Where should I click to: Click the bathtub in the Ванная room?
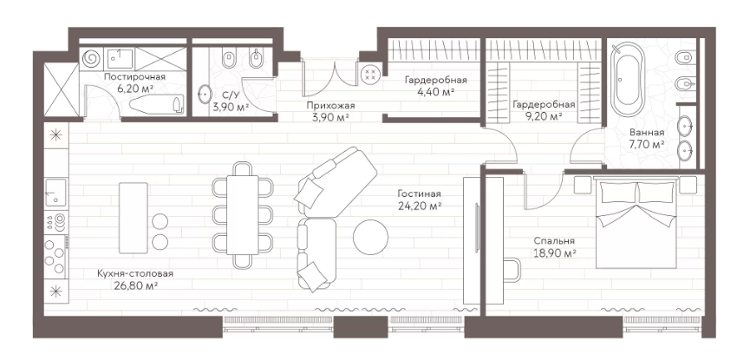coord(628,81)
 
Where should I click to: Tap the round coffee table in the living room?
coord(371,237)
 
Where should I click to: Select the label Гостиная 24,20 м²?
coord(419,200)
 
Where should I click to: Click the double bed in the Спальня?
coord(636,223)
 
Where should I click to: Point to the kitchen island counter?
coord(134,217)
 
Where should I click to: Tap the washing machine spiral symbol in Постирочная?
coord(91,58)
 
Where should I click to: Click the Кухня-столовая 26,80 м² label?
coord(135,279)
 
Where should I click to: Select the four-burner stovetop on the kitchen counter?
coord(55,258)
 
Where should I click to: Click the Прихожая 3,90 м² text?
coord(329,111)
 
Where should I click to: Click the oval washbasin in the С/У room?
coord(205,94)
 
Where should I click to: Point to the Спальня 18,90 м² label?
coord(555,247)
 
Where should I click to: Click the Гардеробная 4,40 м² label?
coord(436,86)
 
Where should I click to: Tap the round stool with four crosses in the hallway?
coord(370,74)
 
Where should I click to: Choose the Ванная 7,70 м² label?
coord(647,139)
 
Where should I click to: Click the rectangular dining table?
coord(243,215)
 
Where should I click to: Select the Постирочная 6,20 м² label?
coord(134,82)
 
